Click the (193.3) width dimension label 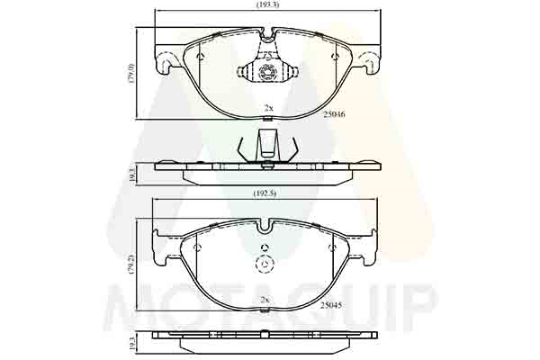tap(267, 4)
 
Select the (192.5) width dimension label tap(265, 194)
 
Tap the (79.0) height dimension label tap(131, 74)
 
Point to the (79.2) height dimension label tap(131, 265)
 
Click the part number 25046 tap(334, 114)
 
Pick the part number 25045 tap(331, 305)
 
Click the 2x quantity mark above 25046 tap(268, 108)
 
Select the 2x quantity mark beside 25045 tap(264, 300)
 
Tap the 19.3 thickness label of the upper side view tap(131, 175)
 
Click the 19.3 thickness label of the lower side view tap(131, 344)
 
